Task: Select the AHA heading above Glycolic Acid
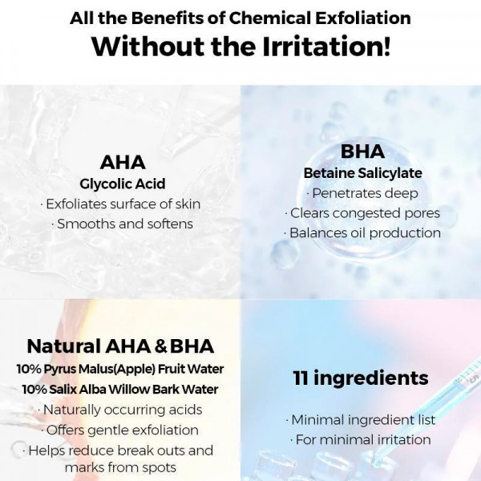pyautogui.click(x=123, y=163)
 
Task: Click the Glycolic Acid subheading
pyautogui.click(x=123, y=184)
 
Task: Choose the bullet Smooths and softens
pyautogui.click(x=124, y=224)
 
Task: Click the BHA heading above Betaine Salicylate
pyautogui.click(x=362, y=152)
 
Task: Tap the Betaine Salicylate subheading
pyautogui.click(x=362, y=173)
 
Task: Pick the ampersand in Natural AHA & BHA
pyautogui.click(x=160, y=347)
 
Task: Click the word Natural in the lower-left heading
pyautogui.click(x=63, y=346)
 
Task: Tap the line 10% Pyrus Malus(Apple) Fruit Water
pyautogui.click(x=120, y=370)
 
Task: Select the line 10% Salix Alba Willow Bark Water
pyautogui.click(x=120, y=390)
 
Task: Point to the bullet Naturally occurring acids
pyautogui.click(x=120, y=410)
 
